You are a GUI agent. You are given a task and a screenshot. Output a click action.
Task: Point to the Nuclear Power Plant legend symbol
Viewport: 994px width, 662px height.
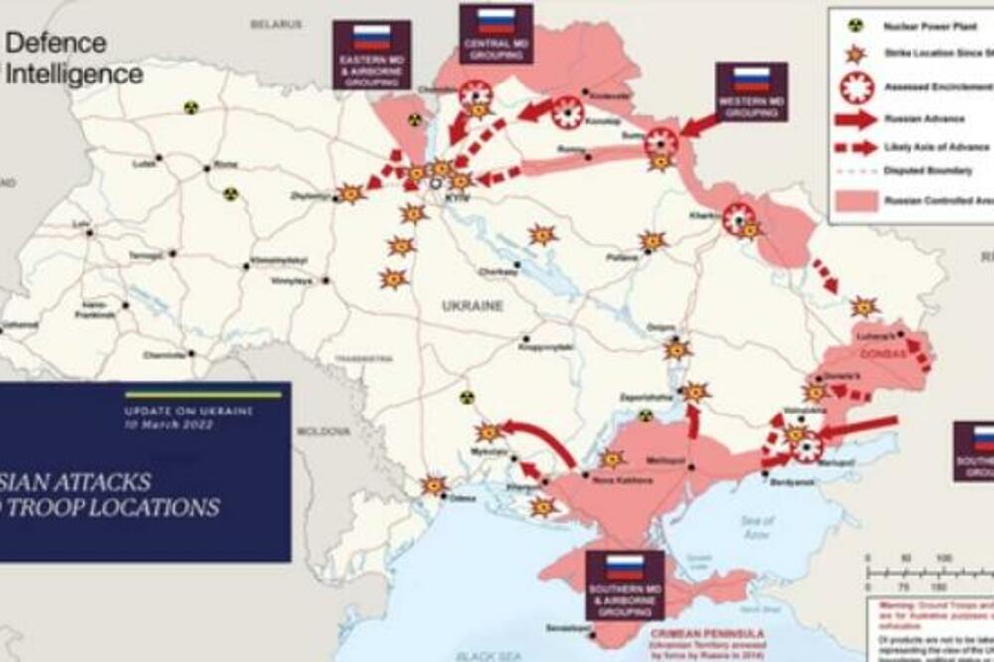[x=854, y=24]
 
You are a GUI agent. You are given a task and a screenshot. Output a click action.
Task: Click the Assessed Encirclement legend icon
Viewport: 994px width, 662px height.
[x=855, y=87]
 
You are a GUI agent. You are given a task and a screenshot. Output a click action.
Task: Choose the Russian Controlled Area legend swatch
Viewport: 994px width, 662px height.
[x=855, y=200]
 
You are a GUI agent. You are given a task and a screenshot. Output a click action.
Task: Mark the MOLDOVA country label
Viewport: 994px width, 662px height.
[x=323, y=432]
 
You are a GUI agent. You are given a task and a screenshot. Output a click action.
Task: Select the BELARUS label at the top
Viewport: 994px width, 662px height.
[x=275, y=23]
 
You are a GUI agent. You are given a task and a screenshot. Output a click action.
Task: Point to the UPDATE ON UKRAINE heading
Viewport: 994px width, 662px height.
[x=189, y=411]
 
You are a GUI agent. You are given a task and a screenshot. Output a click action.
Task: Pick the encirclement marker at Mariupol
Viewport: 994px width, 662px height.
[x=807, y=447]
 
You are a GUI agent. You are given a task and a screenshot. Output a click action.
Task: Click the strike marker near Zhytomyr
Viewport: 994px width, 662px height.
[x=351, y=194]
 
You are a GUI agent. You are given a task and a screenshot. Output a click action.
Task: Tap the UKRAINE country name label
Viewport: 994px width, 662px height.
[x=472, y=306]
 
